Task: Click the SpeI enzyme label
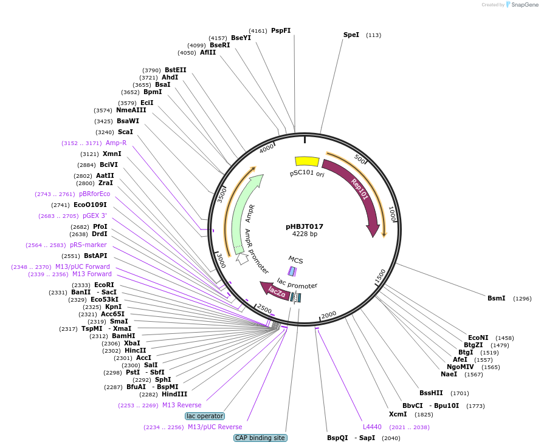point(351,35)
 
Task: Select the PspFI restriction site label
point(281,30)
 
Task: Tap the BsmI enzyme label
point(496,298)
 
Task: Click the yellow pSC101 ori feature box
point(307,161)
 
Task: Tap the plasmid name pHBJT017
point(305,226)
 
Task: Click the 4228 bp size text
point(305,234)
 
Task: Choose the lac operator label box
point(205,416)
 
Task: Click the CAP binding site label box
point(260,438)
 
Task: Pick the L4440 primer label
point(372,427)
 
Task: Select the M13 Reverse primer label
point(181,405)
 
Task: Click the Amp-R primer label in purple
point(115,143)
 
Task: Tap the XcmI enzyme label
point(398,414)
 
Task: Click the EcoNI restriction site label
point(478,338)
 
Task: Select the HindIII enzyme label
point(174,394)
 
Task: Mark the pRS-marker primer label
point(88,245)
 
